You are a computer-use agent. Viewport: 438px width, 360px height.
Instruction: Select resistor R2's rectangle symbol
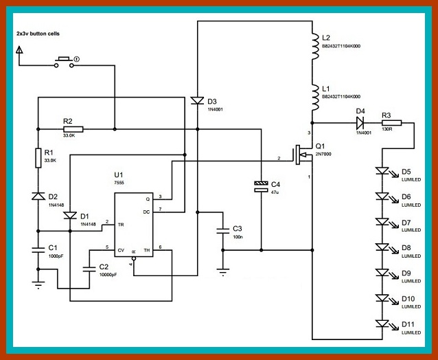73,128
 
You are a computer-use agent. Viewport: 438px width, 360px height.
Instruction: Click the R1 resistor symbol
38,158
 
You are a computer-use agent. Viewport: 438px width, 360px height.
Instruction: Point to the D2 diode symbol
38,196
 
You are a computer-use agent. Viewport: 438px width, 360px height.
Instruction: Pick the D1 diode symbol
69,216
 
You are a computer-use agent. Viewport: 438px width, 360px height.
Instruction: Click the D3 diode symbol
197,102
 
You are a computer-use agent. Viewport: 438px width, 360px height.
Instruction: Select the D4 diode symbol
360,122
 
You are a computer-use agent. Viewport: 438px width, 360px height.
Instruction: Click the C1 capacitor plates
38,247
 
